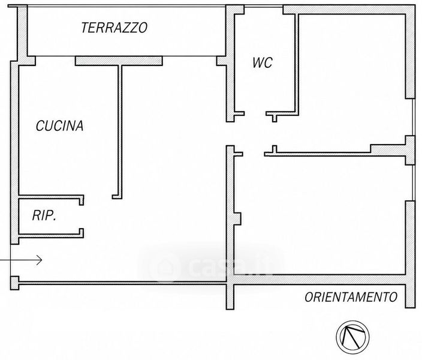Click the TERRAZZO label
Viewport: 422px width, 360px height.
click(114, 28)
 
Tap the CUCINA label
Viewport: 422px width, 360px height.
click(59, 126)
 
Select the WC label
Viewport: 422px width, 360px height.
click(263, 62)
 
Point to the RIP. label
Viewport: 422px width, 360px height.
click(44, 215)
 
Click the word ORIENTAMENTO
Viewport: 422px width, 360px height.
click(351, 297)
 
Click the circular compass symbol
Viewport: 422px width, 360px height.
click(352, 337)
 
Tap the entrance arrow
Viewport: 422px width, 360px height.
click(21, 260)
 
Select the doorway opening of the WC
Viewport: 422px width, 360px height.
click(255, 114)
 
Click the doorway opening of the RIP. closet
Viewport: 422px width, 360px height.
click(82, 217)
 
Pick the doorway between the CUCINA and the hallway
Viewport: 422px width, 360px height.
click(98, 197)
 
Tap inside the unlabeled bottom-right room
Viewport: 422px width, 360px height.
click(320, 215)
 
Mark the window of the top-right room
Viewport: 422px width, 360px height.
click(413, 117)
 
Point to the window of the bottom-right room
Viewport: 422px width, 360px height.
click(413, 182)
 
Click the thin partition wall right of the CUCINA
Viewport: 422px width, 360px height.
click(120, 132)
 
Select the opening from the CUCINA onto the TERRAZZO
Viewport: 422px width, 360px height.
click(55, 56)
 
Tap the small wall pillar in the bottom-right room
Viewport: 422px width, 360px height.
click(237, 218)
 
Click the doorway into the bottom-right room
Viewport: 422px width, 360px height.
click(254, 154)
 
